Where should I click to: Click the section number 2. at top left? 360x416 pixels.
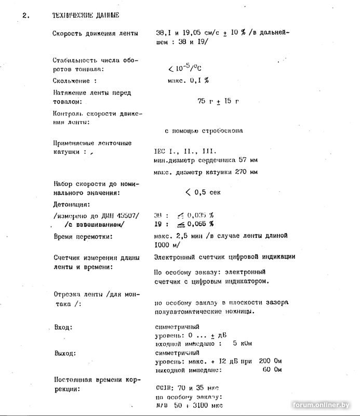tap(26, 16)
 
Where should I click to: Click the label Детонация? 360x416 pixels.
tap(72, 205)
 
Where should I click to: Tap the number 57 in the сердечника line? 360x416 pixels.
tap(243, 160)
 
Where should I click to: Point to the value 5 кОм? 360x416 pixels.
tap(243, 343)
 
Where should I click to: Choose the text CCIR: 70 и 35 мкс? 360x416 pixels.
tap(187, 387)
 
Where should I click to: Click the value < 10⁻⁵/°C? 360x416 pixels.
tap(184, 68)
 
